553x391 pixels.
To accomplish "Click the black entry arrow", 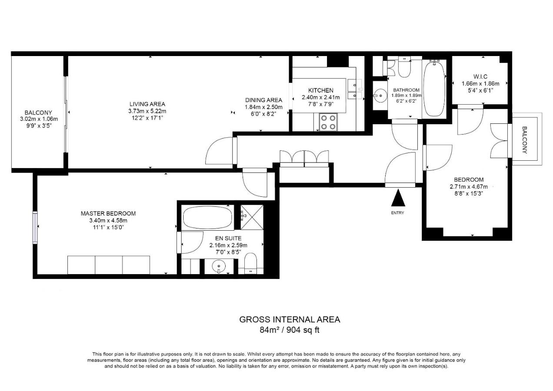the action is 398,198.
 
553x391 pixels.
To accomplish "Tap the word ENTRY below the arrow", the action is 397,213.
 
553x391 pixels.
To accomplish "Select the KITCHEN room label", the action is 321,90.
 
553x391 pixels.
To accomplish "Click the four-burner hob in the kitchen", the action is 328,122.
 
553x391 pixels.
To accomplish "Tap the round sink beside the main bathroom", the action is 380,95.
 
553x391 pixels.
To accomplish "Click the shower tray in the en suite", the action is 252,217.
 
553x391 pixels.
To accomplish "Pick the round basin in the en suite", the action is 219,266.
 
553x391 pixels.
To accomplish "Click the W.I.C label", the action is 480,77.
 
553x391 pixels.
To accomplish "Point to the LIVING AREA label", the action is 147,104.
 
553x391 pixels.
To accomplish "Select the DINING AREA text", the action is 263,100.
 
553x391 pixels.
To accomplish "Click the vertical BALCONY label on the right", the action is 525,140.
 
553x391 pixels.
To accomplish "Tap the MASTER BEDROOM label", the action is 108,213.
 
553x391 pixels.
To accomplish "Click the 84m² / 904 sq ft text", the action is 290,330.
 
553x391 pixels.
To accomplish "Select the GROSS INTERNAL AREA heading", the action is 290,319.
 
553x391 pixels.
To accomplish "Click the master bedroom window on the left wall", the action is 35,228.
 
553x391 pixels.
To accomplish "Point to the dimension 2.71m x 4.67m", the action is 469,187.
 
